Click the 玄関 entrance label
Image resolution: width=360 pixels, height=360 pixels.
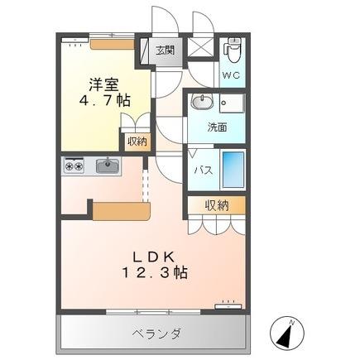(164, 50)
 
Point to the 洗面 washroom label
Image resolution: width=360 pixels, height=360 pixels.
(216, 127)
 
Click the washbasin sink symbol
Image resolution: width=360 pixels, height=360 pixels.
(200, 102)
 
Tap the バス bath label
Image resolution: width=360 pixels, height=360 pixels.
(202, 169)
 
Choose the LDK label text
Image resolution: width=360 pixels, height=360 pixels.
(151, 257)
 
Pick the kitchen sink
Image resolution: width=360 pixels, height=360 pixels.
(108, 166)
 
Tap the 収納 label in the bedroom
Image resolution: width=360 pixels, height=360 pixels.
(136, 142)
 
